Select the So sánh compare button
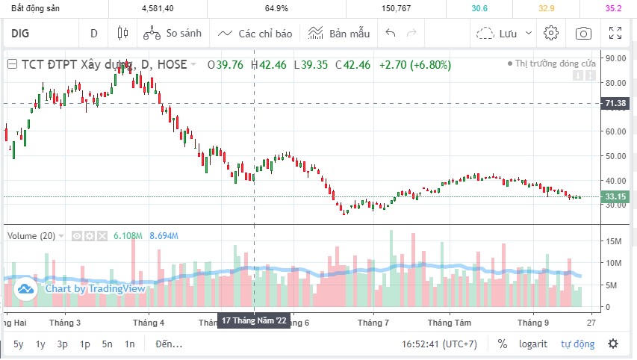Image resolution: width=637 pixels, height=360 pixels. click(173, 33)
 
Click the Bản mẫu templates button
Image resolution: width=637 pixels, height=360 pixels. click(339, 33)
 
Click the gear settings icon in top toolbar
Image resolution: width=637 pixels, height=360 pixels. click(551, 33)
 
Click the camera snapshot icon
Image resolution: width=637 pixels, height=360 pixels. click(583, 33)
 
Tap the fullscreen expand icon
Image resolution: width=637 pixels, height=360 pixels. click(615, 33)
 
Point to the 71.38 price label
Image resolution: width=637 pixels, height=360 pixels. click(615, 103)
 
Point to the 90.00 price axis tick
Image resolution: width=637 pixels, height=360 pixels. click(615, 58)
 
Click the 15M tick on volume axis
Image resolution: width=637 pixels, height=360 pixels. click(614, 240)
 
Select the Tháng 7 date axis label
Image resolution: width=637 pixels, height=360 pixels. click(373, 323)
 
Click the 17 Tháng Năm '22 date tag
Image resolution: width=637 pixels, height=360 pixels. click(254, 320)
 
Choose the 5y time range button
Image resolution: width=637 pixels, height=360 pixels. click(19, 344)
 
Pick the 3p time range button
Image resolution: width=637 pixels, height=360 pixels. click(63, 344)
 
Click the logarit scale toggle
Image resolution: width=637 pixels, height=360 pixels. click(533, 344)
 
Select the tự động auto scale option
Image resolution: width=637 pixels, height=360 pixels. click(578, 344)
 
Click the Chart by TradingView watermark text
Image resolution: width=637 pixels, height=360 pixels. click(95, 288)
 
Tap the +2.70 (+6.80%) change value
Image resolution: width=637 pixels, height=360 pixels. click(414, 65)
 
